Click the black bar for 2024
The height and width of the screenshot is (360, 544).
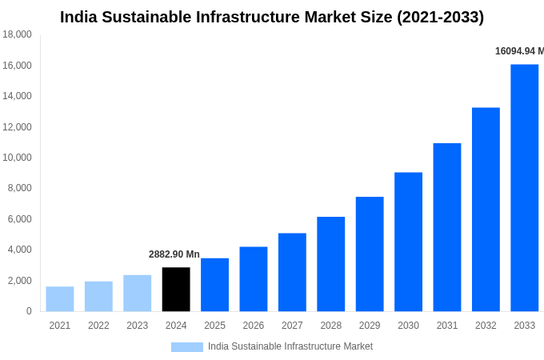point(176,290)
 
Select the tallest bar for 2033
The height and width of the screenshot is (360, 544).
point(524,188)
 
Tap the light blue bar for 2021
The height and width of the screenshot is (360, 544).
point(60,299)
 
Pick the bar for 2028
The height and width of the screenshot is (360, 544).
point(330,264)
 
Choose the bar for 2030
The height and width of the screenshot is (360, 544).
point(408,242)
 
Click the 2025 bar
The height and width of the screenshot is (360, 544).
point(214,285)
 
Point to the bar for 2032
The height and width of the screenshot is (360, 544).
point(486,210)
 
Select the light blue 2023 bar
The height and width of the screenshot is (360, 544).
point(137,294)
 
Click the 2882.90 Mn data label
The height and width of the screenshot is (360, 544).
point(174,254)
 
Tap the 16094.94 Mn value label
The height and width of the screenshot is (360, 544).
point(518,51)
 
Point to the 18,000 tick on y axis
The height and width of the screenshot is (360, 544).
point(17,34)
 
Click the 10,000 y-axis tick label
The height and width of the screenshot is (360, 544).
point(17,158)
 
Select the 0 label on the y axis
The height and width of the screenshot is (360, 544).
point(29,311)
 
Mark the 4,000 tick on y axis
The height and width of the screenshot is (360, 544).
point(19,250)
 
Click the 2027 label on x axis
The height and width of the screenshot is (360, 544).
point(292,326)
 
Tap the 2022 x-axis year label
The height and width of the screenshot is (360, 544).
point(98,326)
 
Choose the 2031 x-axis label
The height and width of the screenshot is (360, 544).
point(447,326)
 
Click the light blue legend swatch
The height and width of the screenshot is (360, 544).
point(186,347)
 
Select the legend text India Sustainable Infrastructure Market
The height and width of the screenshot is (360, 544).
point(290,346)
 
